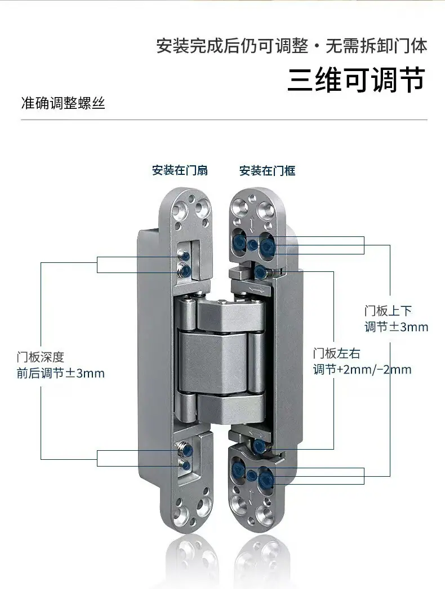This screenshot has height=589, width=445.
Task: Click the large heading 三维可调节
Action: click(357, 80)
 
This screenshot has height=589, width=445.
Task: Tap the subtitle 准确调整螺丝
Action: click(63, 103)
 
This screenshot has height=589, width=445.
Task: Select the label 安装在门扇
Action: click(180, 170)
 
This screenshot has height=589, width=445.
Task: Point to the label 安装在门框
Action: click(268, 171)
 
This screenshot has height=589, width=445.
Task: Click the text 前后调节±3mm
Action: click(61, 373)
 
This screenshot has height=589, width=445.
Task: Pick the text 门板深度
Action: click(41, 357)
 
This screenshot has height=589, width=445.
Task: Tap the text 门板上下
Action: click(389, 311)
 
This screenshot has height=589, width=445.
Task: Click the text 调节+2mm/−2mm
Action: click(362, 370)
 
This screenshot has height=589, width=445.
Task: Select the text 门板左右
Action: click(337, 354)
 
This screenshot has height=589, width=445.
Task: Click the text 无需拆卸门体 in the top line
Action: click(376, 47)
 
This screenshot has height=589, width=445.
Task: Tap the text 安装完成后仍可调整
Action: click(232, 47)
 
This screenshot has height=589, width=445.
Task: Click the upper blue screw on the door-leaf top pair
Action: click(184, 256)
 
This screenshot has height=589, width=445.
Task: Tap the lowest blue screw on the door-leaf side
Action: click(184, 465)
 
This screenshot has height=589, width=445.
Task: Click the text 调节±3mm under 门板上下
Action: click(396, 327)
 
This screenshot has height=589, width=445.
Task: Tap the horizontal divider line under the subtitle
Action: click(224, 120)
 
